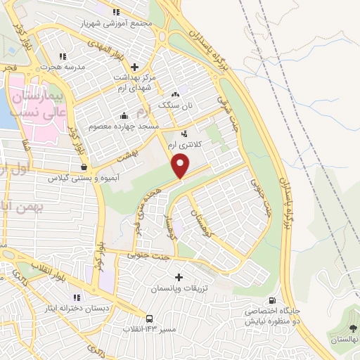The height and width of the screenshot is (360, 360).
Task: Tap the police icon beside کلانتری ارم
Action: pyautogui.click(x=184, y=133)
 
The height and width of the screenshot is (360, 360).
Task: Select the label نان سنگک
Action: pyautogui.click(x=174, y=104)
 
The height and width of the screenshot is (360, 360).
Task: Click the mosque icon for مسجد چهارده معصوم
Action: pyautogui.click(x=124, y=116)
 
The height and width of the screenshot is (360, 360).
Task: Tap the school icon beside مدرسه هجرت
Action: pyautogui.click(x=63, y=56)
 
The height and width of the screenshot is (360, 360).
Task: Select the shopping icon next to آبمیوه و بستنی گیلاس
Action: pyautogui.click(x=84, y=167)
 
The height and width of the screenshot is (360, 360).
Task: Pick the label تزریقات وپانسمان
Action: pyautogui.click(x=179, y=289)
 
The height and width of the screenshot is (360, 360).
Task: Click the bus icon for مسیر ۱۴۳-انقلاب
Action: pyautogui.click(x=150, y=318)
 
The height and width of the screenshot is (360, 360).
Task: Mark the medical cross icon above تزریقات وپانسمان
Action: pyautogui.click(x=179, y=278)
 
